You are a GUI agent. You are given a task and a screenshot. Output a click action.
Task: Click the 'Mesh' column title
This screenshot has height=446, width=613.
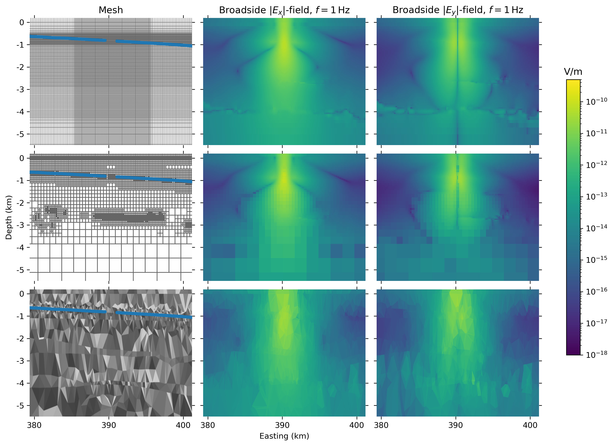pos(111,10)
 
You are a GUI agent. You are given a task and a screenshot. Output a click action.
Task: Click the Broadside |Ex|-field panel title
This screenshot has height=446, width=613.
pos(284,10)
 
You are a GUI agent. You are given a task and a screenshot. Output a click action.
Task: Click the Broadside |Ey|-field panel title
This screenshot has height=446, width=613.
pos(458,10)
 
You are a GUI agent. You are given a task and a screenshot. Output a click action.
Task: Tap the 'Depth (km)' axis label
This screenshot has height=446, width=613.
pos(9,217)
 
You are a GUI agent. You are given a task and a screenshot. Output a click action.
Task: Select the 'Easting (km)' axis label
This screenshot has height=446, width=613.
pos(284,436)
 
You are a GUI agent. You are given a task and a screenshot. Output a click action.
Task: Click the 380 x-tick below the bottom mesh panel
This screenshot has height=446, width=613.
pos(34,425)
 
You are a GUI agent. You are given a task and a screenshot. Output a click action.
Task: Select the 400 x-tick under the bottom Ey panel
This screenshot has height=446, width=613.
pos(530,425)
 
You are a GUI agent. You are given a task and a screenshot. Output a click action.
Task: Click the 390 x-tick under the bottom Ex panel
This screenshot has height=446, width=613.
pos(282,425)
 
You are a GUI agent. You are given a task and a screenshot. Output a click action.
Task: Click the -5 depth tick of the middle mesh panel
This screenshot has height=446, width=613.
pos(20,270)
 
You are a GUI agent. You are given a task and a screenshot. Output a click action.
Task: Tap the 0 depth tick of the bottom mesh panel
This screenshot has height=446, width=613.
pos(22,294)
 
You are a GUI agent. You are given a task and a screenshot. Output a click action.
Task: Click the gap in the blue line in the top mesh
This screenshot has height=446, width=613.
pos(111,41)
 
